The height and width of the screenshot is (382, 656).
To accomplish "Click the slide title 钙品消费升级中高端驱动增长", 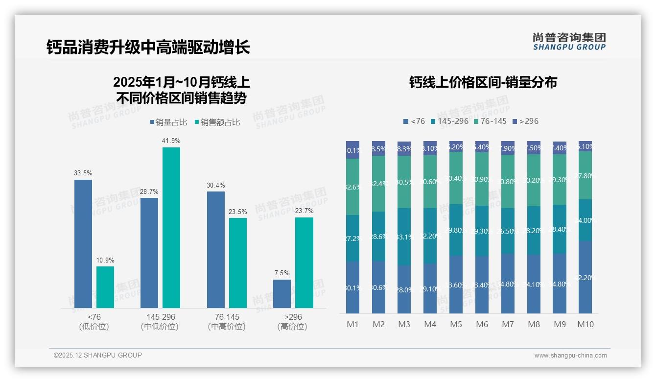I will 148,47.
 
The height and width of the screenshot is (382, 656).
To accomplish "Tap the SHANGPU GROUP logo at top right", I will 569,42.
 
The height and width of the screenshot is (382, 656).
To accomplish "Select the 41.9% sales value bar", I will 171,227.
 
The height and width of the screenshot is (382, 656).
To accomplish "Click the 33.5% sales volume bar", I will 83,243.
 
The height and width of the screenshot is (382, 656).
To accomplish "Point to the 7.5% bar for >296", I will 282,293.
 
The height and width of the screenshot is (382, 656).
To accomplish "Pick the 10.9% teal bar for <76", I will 105,287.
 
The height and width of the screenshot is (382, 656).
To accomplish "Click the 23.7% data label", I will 304,211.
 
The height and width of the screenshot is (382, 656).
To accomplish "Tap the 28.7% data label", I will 149,191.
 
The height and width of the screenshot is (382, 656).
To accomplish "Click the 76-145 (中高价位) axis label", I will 227,322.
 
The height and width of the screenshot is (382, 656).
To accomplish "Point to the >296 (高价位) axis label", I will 293,322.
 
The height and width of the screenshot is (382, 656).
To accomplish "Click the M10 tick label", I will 585,324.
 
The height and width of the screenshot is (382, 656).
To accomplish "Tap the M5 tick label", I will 456,324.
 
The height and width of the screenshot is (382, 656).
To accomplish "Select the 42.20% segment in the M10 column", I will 585,277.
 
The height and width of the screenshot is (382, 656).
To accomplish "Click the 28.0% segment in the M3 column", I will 404,289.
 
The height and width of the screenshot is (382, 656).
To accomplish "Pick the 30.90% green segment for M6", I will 482,179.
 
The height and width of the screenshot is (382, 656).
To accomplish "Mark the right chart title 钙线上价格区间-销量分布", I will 483,82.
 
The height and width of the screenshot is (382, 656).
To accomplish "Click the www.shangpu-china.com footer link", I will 570,356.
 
